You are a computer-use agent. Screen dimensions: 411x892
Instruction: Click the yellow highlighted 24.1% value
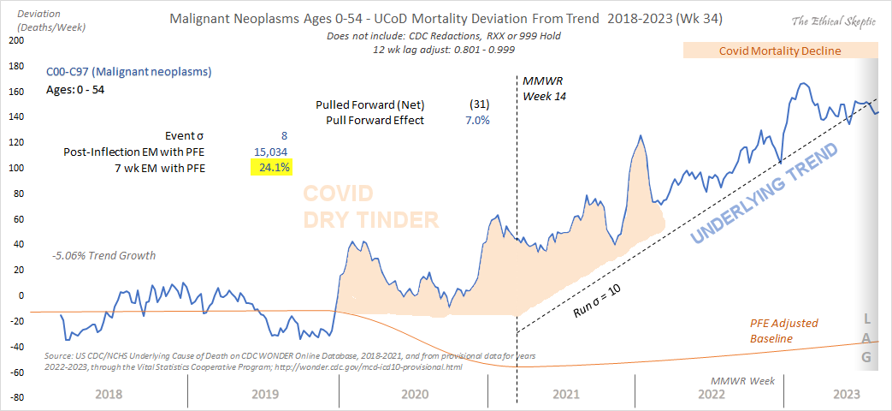tap(273, 168)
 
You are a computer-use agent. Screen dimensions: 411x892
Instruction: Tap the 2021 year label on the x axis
tap(564, 394)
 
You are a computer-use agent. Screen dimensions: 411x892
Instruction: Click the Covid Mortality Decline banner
tap(779, 51)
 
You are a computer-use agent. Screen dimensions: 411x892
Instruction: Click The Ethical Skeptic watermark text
tap(833, 20)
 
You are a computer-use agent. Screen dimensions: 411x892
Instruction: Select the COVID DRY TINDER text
tap(371, 206)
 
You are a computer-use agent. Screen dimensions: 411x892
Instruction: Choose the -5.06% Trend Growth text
tap(103, 255)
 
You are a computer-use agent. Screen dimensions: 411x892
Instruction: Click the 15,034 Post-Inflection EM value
tap(273, 152)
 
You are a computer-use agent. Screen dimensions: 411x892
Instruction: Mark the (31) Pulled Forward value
tap(478, 104)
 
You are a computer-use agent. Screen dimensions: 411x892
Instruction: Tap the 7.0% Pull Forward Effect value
tap(476, 120)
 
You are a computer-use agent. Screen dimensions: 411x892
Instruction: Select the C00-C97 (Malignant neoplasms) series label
tap(128, 72)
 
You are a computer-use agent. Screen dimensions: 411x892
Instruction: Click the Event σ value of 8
tap(285, 135)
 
